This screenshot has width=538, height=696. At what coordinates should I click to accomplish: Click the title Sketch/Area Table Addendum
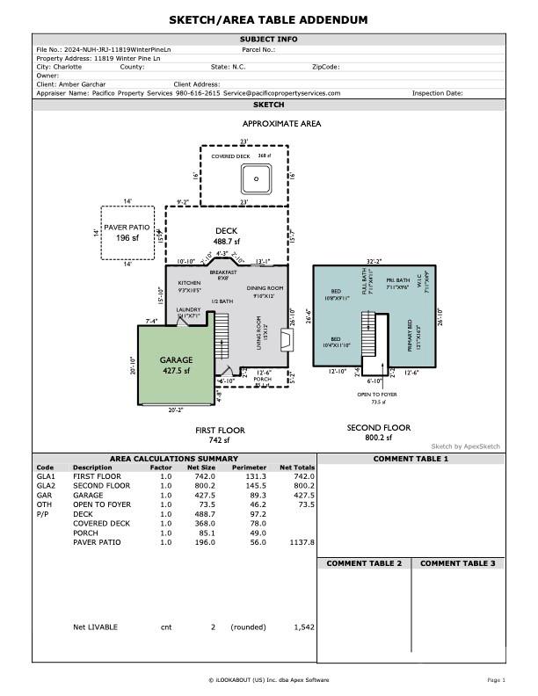click(x=269, y=20)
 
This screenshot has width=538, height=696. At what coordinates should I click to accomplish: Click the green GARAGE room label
click(x=176, y=360)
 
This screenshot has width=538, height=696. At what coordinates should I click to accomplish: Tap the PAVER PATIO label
click(x=128, y=228)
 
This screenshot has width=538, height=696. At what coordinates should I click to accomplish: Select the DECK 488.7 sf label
click(x=227, y=236)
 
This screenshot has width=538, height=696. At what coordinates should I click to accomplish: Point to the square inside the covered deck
click(x=257, y=178)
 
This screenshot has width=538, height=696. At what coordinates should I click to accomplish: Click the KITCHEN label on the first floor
click(x=190, y=283)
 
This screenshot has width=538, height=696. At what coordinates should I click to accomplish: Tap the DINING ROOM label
click(x=265, y=288)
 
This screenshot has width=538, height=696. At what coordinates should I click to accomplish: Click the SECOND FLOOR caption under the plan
click(x=378, y=428)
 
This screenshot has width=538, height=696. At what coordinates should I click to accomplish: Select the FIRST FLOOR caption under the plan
click(x=220, y=431)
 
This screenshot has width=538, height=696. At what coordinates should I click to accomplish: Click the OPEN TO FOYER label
click(x=378, y=395)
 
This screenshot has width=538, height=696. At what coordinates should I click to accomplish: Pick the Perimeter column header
click(x=249, y=468)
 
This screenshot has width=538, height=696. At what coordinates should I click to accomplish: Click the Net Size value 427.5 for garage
click(x=203, y=495)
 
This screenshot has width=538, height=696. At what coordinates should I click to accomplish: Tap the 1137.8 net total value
click(x=301, y=542)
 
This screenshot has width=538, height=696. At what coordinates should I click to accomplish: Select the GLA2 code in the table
click(x=46, y=485)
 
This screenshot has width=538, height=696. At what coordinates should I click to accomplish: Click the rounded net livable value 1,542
click(x=302, y=627)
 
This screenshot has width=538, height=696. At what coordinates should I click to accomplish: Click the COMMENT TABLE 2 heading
click(x=364, y=562)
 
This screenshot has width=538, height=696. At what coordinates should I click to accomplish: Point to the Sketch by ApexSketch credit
click(x=465, y=446)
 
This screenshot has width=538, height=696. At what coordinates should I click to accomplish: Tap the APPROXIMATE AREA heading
click(x=281, y=124)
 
